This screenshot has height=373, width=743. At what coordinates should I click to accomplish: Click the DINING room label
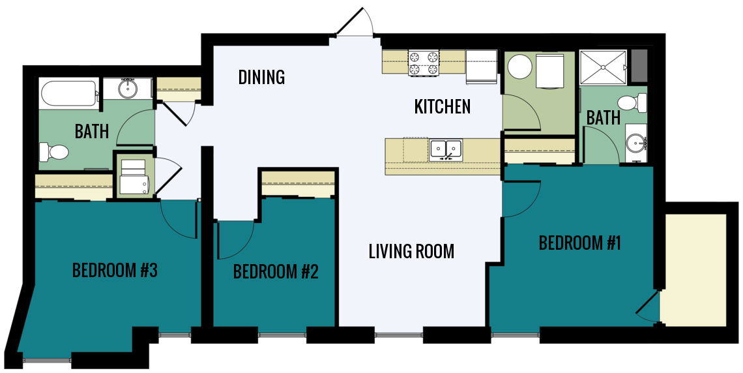pos(261,77)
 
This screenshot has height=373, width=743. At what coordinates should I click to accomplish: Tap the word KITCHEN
pos(442,106)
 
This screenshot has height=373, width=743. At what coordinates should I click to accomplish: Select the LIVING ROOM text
pos(411,251)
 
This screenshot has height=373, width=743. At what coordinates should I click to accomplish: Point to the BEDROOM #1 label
pos(579,243)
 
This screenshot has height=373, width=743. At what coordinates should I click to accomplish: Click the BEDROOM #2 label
pos(276,271)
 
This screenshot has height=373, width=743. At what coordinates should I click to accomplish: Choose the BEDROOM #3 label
pos(115,270)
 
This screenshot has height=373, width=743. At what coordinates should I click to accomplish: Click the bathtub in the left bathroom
pos(68,93)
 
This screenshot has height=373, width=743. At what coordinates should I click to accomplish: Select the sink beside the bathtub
pos(128,88)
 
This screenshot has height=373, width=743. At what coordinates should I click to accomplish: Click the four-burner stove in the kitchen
pos(423,63)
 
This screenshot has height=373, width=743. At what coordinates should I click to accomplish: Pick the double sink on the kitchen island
pos(446,149)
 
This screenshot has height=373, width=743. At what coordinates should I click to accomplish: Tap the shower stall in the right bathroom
pos(604,67)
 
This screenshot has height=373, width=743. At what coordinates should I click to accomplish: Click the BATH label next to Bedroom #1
pos(603,118)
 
